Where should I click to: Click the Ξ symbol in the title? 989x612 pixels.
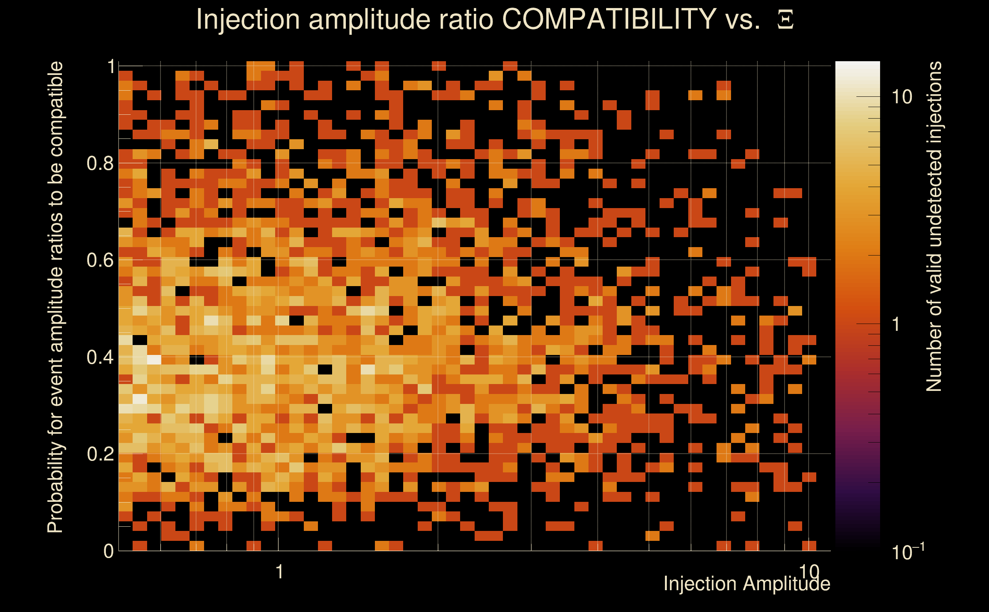click(785, 20)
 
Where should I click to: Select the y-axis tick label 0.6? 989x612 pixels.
click(100, 260)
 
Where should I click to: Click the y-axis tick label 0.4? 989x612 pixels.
click(100, 357)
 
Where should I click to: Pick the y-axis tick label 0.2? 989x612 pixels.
click(100, 454)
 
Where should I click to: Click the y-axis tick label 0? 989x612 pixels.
click(109, 551)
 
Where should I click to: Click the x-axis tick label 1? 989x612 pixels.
click(279, 572)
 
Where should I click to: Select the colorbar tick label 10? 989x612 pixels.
click(901, 97)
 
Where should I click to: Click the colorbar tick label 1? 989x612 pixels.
click(897, 324)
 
